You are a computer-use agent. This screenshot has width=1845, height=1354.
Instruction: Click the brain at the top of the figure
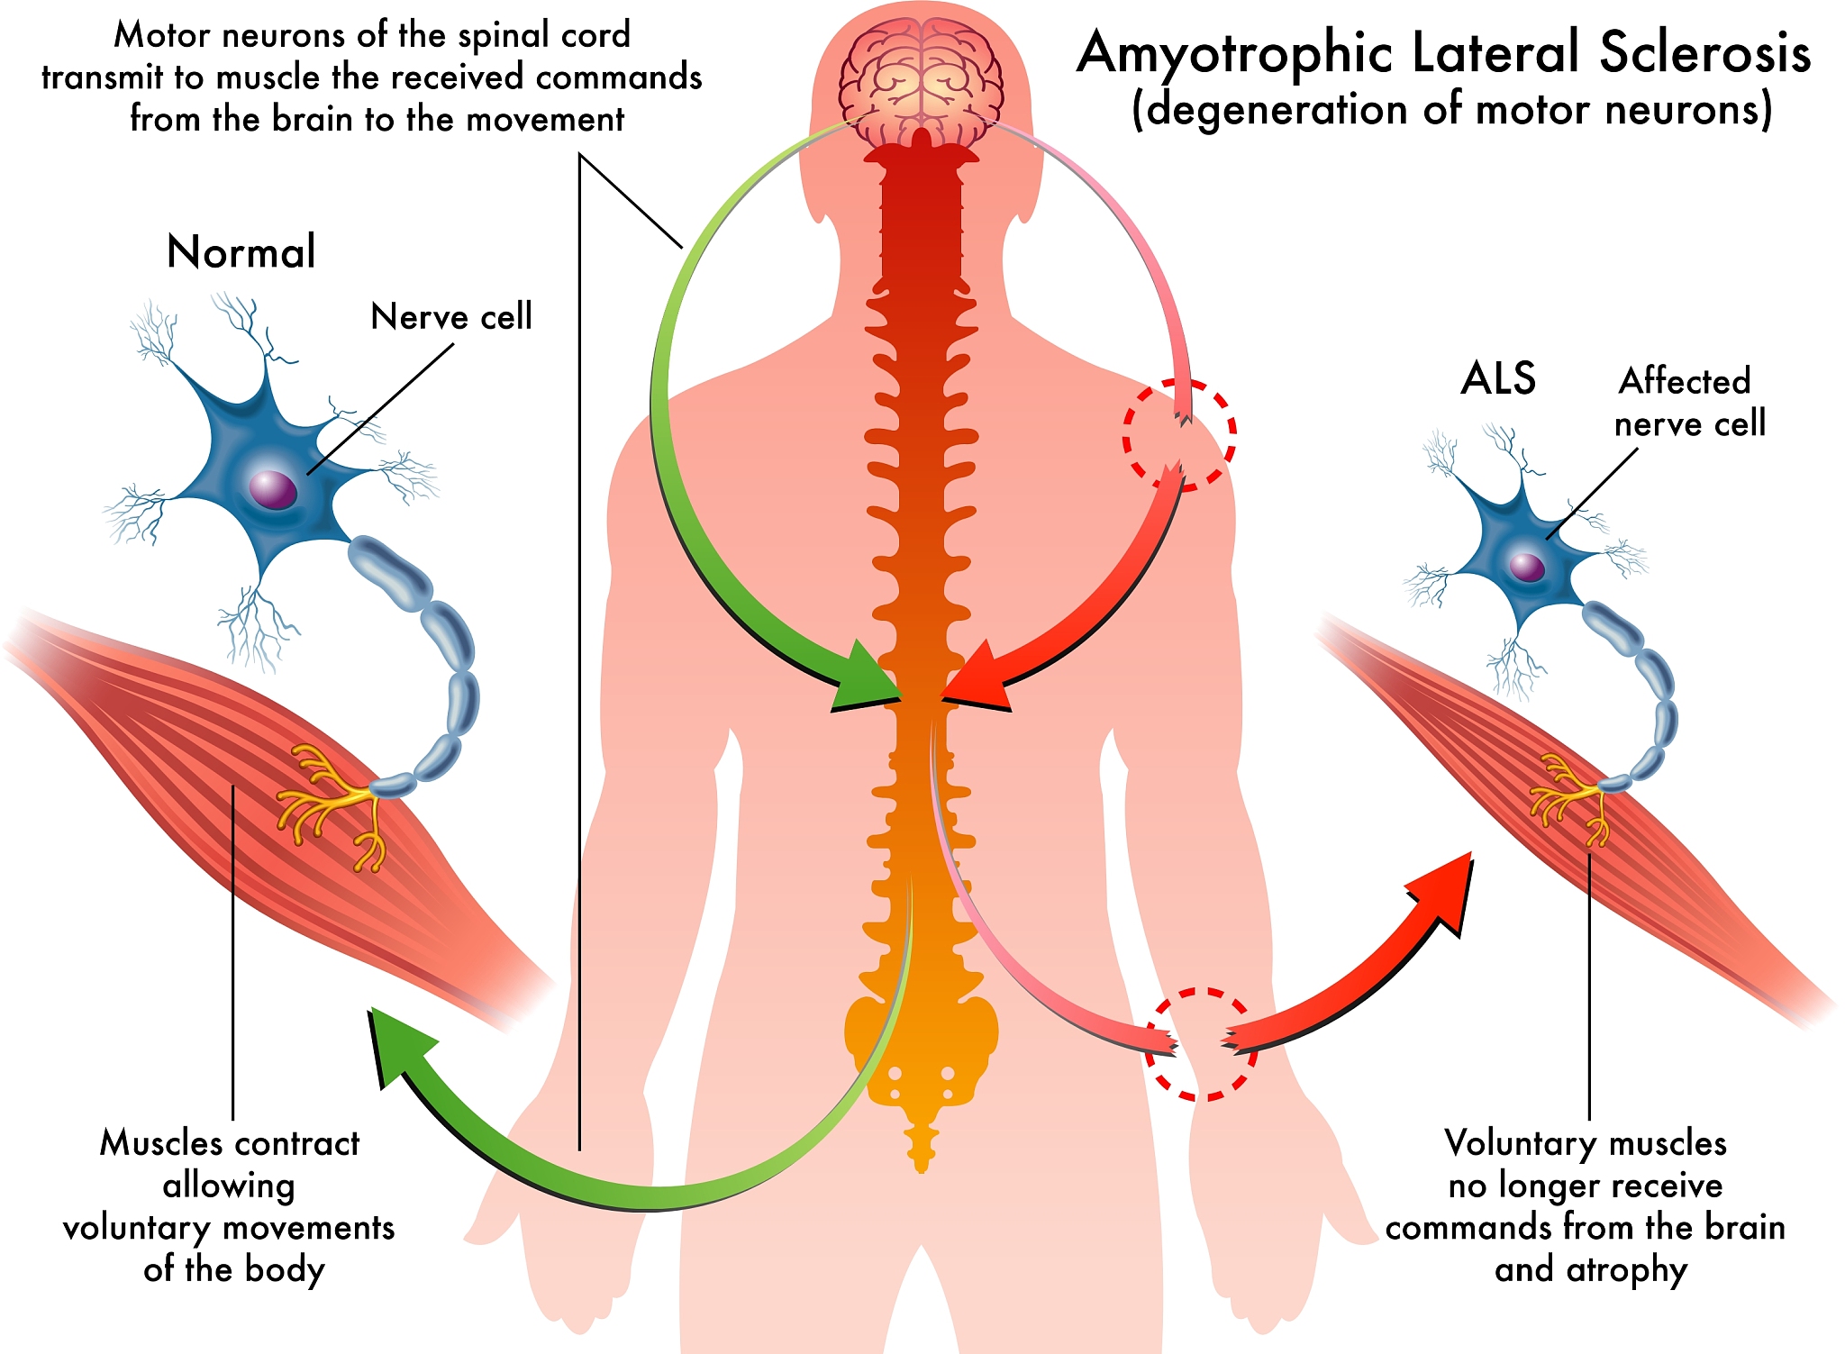[x=921, y=86]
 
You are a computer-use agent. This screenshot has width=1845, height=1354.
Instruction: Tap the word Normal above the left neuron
[x=241, y=251]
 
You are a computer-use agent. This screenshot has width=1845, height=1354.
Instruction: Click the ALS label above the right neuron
[x=1498, y=378]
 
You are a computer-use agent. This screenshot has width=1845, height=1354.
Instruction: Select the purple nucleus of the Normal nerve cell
[x=273, y=489]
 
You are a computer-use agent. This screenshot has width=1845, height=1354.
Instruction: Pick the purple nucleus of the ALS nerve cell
[x=1527, y=568]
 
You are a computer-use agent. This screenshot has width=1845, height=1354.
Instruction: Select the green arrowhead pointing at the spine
[x=865, y=680]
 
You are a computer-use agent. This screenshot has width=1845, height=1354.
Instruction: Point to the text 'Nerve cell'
[x=451, y=316]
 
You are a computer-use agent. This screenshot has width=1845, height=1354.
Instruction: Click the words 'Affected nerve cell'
[x=1689, y=402]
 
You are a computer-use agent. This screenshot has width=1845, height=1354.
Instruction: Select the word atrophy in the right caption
[x=1626, y=1270]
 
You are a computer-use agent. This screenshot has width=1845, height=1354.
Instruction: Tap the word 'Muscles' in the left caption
[x=160, y=1142]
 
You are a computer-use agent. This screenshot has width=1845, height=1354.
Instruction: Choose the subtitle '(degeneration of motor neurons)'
[x=1451, y=110]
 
